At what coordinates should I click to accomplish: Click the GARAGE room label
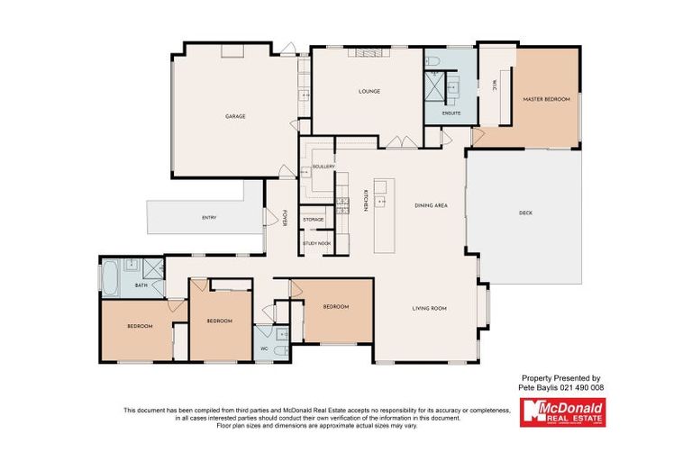click(x=235, y=116)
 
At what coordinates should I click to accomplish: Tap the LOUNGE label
click(x=369, y=91)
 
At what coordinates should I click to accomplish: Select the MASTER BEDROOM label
click(x=547, y=99)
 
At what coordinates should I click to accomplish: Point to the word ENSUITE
click(x=452, y=113)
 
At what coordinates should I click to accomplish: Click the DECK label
click(x=526, y=213)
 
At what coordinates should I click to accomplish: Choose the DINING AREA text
click(x=431, y=205)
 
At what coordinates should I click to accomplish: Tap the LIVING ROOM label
click(x=430, y=308)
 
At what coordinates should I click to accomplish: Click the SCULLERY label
click(x=323, y=167)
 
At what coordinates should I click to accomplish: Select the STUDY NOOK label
click(x=316, y=243)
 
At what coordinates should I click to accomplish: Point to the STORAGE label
click(x=313, y=220)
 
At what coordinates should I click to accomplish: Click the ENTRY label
click(x=209, y=218)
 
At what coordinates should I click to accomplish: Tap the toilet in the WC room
click(x=281, y=348)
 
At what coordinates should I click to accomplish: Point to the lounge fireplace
click(x=367, y=52)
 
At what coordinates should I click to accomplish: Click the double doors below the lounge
click(x=396, y=141)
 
